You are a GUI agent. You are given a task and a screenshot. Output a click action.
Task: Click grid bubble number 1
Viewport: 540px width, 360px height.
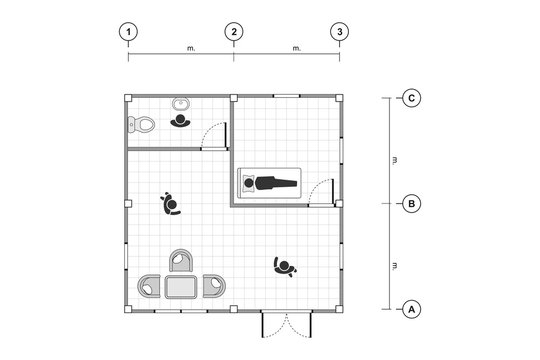click(x=128, y=32)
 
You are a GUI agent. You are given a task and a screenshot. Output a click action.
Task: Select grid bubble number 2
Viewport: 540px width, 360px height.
click(x=234, y=32)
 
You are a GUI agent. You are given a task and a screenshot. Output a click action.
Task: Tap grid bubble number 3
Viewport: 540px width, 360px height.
click(x=340, y=32)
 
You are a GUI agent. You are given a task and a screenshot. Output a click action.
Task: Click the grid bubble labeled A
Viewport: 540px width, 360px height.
click(x=410, y=309)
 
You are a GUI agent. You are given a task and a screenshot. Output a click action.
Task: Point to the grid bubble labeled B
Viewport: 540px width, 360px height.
click(x=410, y=204)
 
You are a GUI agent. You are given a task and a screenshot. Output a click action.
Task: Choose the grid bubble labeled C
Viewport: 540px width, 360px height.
click(x=410, y=98)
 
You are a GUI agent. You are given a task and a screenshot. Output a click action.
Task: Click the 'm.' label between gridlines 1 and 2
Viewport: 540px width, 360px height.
click(x=190, y=47)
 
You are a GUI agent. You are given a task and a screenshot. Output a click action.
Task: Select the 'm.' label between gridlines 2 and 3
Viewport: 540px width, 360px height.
click(x=296, y=47)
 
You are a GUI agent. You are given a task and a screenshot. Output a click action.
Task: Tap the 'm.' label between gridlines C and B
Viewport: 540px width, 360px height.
click(x=396, y=159)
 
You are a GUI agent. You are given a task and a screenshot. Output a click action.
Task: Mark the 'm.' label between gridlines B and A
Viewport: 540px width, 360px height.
click(x=396, y=265)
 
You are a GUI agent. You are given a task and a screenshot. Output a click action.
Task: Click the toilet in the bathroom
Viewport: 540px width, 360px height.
click(x=141, y=126)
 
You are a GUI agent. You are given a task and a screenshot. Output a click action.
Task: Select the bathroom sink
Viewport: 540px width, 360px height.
click(x=181, y=103)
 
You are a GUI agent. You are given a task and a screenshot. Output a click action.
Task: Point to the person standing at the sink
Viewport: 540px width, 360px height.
click(x=181, y=122)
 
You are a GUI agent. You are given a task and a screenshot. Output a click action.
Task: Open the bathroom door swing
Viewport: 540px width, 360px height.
click(x=213, y=139)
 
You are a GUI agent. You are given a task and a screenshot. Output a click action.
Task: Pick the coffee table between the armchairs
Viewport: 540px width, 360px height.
click(x=182, y=288)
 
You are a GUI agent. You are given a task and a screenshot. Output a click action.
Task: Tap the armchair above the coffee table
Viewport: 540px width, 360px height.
click(x=182, y=262)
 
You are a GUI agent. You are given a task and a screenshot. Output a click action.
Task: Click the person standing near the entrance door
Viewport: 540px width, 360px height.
click(x=286, y=267)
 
